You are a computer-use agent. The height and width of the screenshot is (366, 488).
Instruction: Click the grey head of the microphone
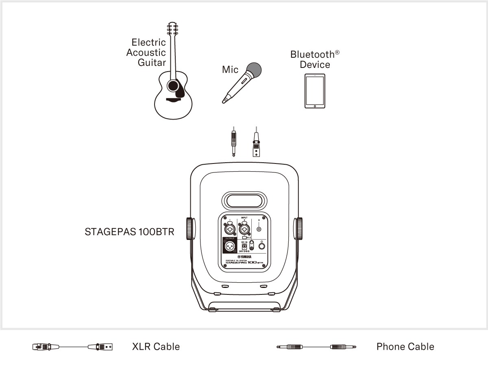[x=253, y=70]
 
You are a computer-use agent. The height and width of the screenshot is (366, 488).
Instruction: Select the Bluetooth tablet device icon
[x=315, y=91]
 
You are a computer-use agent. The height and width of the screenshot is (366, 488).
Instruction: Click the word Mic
[x=230, y=70]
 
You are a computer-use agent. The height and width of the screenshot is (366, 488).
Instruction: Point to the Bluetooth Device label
[x=315, y=59]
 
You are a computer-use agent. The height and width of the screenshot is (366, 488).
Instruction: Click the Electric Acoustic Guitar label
[x=146, y=52]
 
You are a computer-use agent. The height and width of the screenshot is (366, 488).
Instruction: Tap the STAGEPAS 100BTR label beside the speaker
[x=129, y=232]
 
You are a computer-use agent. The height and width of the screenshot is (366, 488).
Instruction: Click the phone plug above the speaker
[x=233, y=142]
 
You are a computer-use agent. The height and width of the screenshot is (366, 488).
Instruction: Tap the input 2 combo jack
[x=244, y=229]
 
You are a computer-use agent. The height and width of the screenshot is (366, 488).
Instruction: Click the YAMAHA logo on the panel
[x=244, y=257]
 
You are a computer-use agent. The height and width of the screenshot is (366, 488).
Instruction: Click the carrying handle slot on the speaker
[x=244, y=201]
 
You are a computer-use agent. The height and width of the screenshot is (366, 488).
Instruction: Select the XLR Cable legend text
[x=156, y=346]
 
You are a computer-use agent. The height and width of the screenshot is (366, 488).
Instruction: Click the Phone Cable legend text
[x=405, y=346]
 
